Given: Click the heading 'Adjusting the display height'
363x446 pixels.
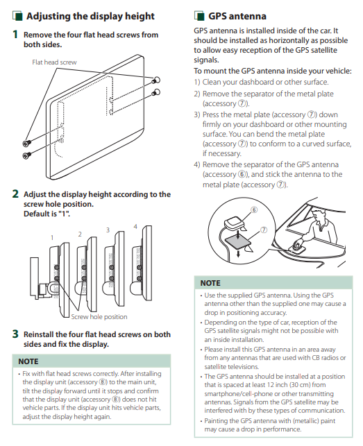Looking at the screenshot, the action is [x=90, y=16].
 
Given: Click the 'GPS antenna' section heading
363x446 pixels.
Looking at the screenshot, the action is [x=237, y=16].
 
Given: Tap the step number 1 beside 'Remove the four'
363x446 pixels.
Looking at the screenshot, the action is [x=15, y=35].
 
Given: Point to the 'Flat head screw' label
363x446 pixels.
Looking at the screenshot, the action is [x=54, y=62].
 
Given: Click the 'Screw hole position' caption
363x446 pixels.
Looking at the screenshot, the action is [x=99, y=316].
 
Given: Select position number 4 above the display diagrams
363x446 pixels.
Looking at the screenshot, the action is [x=135, y=226].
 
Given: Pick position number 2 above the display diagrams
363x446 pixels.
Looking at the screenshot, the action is [x=80, y=234].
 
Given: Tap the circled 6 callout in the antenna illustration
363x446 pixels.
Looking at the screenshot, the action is [x=254, y=210].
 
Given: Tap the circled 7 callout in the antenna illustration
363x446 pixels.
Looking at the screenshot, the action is [x=264, y=230].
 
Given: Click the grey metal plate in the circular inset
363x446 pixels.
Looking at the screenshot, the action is [x=237, y=243].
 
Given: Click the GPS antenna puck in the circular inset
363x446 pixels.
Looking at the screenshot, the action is [x=235, y=223].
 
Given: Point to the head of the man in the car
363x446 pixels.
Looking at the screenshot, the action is [x=317, y=215].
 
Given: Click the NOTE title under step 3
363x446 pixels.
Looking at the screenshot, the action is [x=28, y=361].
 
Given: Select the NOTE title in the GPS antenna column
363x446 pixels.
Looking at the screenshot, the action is [x=210, y=283].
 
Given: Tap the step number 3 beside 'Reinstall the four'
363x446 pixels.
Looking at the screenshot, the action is [x=15, y=334].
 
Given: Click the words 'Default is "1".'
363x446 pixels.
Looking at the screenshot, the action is [x=47, y=214].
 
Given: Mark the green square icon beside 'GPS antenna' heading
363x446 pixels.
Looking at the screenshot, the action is [x=199, y=16].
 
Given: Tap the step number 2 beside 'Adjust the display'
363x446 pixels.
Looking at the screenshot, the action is [x=15, y=194].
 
